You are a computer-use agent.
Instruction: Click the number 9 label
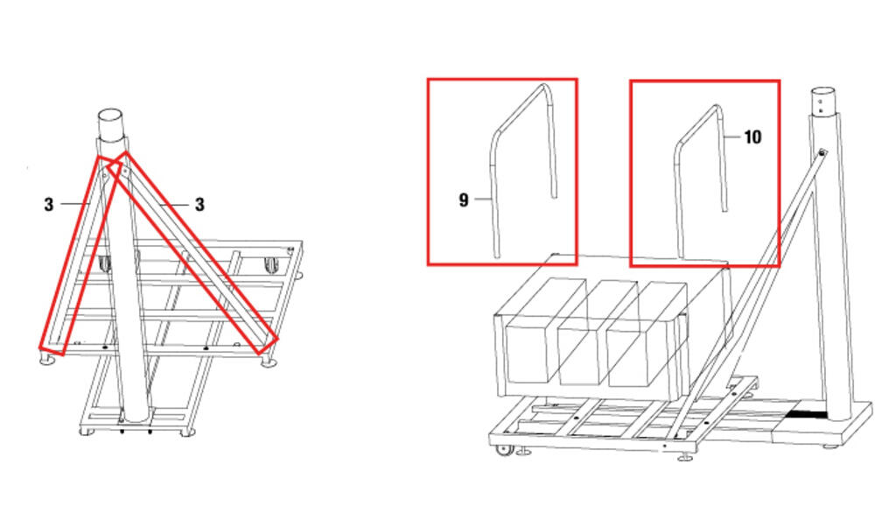pyautogui.click(x=464, y=200)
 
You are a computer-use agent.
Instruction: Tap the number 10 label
pyautogui.click(x=752, y=137)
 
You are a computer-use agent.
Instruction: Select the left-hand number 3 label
pyautogui.click(x=49, y=205)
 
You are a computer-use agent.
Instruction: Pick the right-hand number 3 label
pyautogui.click(x=199, y=205)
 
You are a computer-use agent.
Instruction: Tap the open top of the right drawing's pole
pyautogui.click(x=823, y=92)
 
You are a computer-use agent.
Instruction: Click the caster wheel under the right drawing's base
pyautogui.click(x=505, y=450)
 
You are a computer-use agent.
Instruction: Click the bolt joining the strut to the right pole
pyautogui.click(x=822, y=152)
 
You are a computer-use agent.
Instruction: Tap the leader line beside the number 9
pyautogui.click(x=482, y=199)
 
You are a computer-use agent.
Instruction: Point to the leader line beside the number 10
pyautogui.click(x=733, y=137)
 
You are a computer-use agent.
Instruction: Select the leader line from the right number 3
pyautogui.click(x=175, y=204)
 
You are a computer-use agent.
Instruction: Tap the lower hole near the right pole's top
pyautogui.click(x=821, y=110)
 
